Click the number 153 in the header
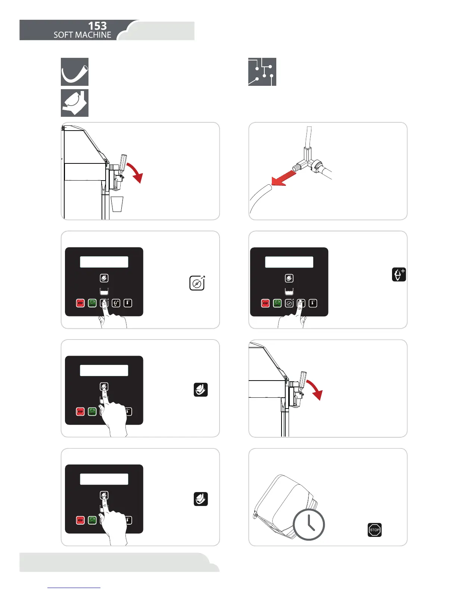97,26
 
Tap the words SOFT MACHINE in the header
82,35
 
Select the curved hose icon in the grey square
75,72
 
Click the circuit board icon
262,72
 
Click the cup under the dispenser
117,204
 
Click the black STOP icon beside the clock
374,530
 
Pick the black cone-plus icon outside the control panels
399,275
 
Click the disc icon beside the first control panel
197,283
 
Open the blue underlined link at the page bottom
74,587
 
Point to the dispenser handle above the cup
123,161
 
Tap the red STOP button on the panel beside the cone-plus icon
265,303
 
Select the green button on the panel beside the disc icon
92,303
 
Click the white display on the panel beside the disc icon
104,262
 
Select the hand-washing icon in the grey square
75,103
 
